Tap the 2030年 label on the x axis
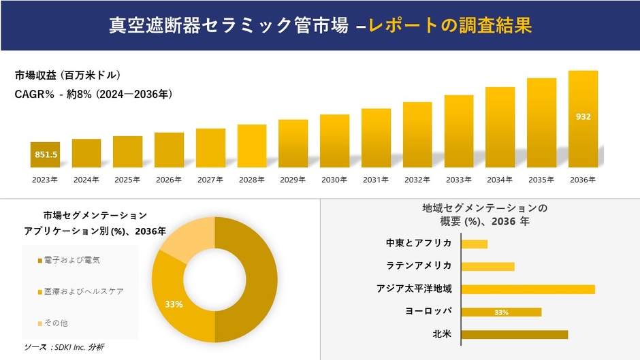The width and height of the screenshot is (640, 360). click(x=334, y=180)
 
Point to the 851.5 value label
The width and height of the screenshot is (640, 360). click(x=46, y=155)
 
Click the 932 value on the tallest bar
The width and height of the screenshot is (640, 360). click(x=583, y=117)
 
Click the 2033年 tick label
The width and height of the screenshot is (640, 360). click(x=459, y=180)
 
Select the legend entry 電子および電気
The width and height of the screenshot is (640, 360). click(x=71, y=261)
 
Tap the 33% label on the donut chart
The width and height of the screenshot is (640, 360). click(x=174, y=304)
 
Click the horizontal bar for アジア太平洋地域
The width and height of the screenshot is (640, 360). click(x=528, y=289)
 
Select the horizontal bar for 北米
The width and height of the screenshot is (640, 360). click(x=514, y=334)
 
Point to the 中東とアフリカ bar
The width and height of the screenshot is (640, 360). click(x=475, y=244)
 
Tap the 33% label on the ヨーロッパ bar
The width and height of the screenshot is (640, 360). click(x=502, y=312)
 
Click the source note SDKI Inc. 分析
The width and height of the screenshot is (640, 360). click(x=64, y=347)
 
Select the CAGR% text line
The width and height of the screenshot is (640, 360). click(x=93, y=95)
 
